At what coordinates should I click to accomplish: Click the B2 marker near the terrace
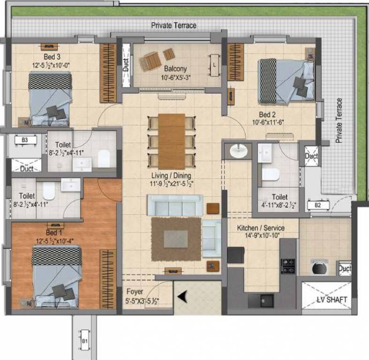(317, 205)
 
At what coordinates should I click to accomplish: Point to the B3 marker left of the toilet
(24, 140)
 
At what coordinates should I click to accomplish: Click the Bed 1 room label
(54, 232)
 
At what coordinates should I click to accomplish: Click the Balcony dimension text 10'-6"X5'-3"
(176, 77)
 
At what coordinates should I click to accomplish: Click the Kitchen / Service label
(261, 228)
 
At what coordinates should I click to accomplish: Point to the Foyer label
(135, 291)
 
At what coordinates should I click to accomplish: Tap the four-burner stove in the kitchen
(287, 266)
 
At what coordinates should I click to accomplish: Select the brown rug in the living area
(176, 240)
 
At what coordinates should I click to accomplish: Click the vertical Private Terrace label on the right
(339, 120)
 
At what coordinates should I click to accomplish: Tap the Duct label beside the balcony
(126, 66)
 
